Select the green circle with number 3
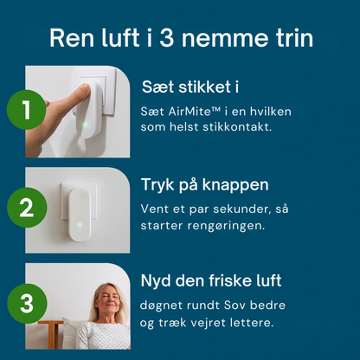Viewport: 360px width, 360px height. pyautogui.click(x=26, y=305)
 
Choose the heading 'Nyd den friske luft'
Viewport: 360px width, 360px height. pyautogui.click(x=211, y=281)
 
